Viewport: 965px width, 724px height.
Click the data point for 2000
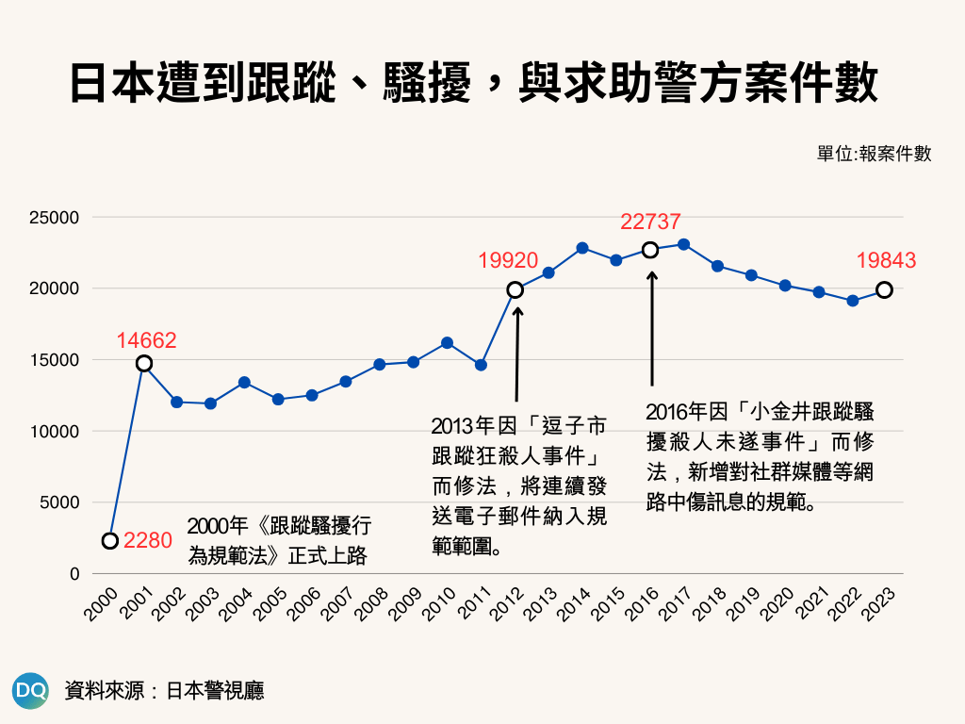point(110,541)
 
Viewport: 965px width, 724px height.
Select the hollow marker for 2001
point(144,364)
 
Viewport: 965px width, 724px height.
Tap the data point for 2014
point(582,248)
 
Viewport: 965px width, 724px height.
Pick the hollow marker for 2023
point(884,290)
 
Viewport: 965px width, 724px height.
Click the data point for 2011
point(481,365)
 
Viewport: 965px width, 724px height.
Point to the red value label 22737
point(650,222)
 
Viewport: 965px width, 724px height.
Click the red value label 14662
point(146,341)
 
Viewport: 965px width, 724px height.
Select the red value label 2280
point(148,541)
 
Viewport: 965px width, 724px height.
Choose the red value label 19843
point(886,261)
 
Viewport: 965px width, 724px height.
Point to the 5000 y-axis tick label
point(58,502)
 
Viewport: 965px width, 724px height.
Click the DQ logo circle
point(30,690)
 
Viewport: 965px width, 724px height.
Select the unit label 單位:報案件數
point(874,154)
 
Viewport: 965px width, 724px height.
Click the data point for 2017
point(684,245)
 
